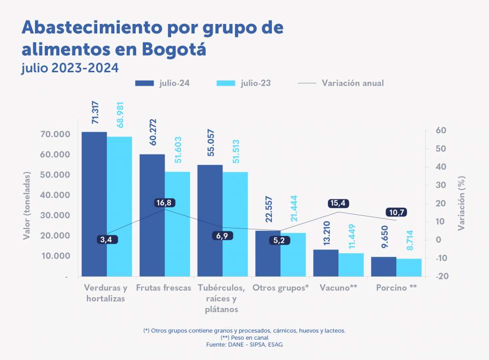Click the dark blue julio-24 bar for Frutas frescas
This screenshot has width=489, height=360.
point(152,214)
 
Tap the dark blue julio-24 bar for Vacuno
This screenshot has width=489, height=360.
point(326,263)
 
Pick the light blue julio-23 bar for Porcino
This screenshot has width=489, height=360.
point(409,267)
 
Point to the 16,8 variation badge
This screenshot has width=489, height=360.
point(165,202)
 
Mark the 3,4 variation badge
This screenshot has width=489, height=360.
point(106,240)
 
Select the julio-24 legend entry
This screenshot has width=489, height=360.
point(162,83)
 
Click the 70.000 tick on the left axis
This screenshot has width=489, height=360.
point(55,135)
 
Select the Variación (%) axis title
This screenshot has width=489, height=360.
point(462,202)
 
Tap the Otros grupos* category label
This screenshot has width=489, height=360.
point(280,288)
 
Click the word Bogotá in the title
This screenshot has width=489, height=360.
point(174,50)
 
